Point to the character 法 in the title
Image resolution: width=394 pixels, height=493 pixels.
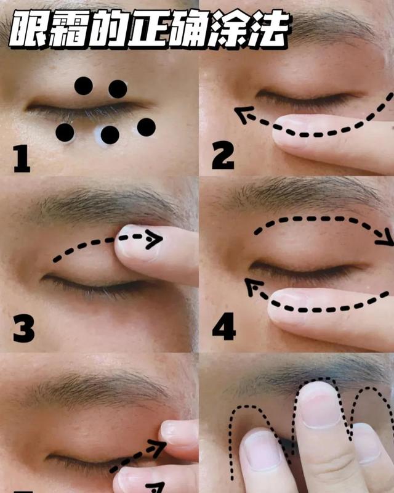point(268,28)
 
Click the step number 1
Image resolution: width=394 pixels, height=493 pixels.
point(22,159)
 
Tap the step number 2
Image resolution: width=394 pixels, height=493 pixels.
point(223,156)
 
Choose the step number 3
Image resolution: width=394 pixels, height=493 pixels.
point(23,329)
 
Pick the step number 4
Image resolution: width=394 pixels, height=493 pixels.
point(224,327)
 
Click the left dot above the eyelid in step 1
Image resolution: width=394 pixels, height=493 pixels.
point(84,86)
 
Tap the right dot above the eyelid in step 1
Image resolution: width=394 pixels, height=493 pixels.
point(118,89)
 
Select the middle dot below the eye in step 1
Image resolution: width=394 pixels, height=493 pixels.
point(110,135)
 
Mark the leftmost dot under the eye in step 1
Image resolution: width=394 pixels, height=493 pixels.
point(65,132)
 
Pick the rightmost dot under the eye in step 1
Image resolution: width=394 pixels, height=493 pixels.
point(147,127)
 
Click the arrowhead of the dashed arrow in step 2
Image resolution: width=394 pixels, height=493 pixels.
point(243,114)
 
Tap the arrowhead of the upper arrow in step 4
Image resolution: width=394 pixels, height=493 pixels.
point(385,238)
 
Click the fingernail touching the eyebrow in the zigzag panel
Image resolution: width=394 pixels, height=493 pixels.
point(319,405)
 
